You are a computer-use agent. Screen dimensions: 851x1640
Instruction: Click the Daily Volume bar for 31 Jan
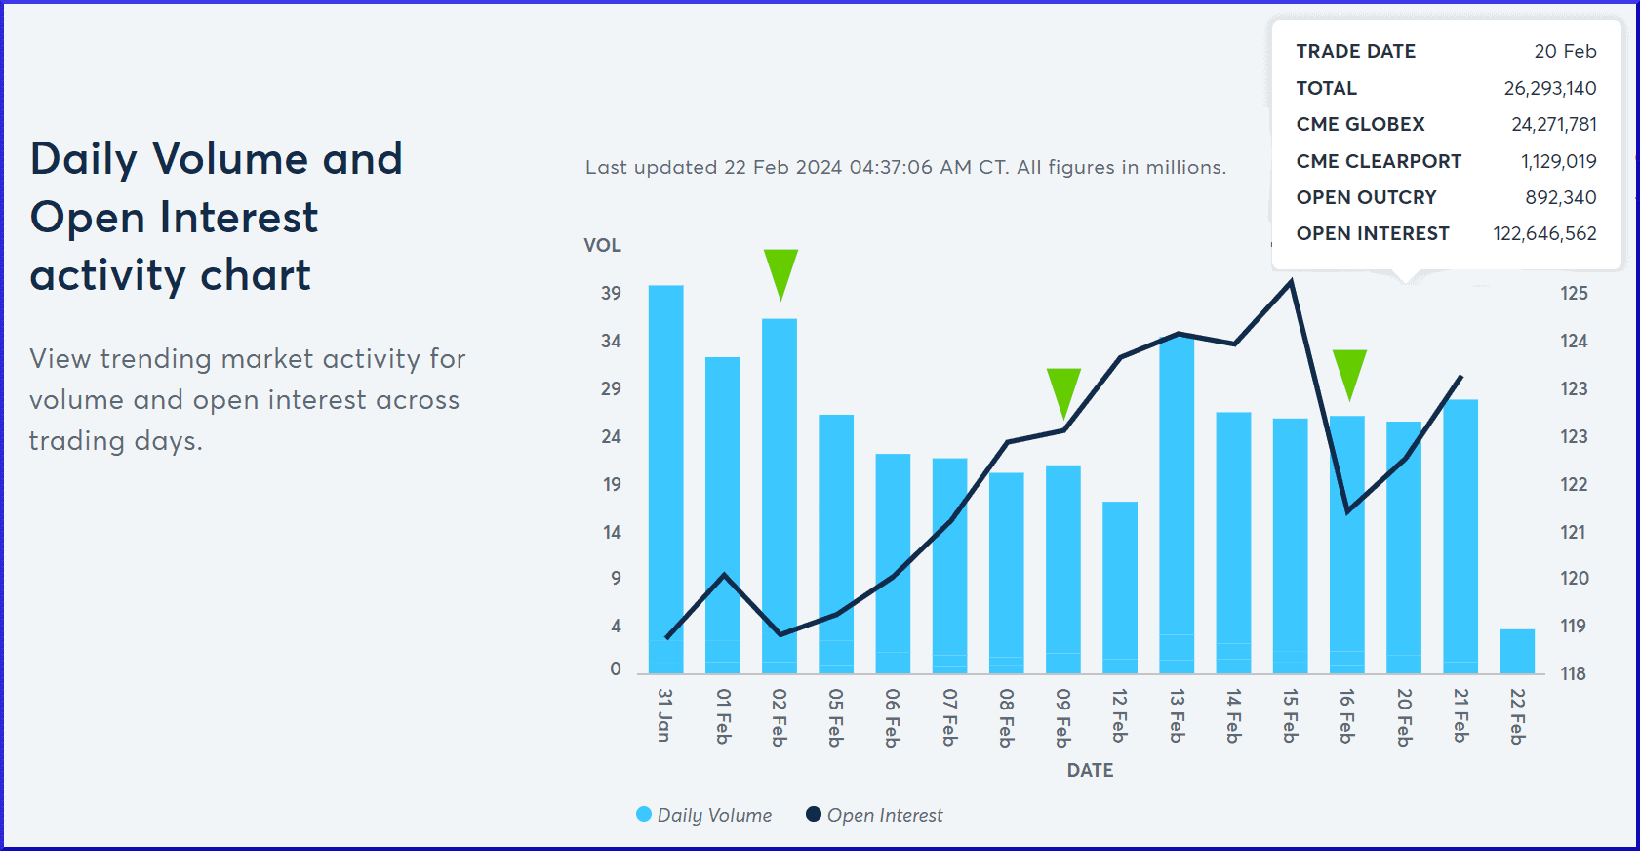(x=665, y=478)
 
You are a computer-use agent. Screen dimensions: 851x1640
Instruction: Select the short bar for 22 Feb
(x=1517, y=651)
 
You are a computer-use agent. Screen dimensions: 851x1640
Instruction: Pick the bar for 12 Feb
(x=1120, y=587)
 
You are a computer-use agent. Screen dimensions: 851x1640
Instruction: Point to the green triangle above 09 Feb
(x=1063, y=389)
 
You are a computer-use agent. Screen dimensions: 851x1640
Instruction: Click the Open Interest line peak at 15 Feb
(x=1291, y=282)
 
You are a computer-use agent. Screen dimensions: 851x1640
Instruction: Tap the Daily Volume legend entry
(x=703, y=815)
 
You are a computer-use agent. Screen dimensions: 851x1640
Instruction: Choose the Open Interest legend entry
(x=874, y=815)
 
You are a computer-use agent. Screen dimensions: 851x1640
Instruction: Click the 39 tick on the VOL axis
(x=611, y=293)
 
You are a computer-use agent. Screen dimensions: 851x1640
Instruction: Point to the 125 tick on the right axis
(x=1574, y=293)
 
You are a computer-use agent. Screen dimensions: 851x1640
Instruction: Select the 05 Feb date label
(x=836, y=717)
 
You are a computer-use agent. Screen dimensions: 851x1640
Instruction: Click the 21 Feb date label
(x=1460, y=715)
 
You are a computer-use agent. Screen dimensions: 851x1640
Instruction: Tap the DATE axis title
(x=1090, y=770)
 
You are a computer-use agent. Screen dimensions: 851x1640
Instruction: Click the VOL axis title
(x=602, y=245)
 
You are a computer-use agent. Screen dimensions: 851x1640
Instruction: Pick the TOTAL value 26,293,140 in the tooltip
(x=1549, y=88)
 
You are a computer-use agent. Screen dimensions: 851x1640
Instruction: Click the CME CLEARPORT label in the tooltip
(x=1379, y=161)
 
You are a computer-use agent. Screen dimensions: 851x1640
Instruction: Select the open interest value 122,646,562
(x=1544, y=233)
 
